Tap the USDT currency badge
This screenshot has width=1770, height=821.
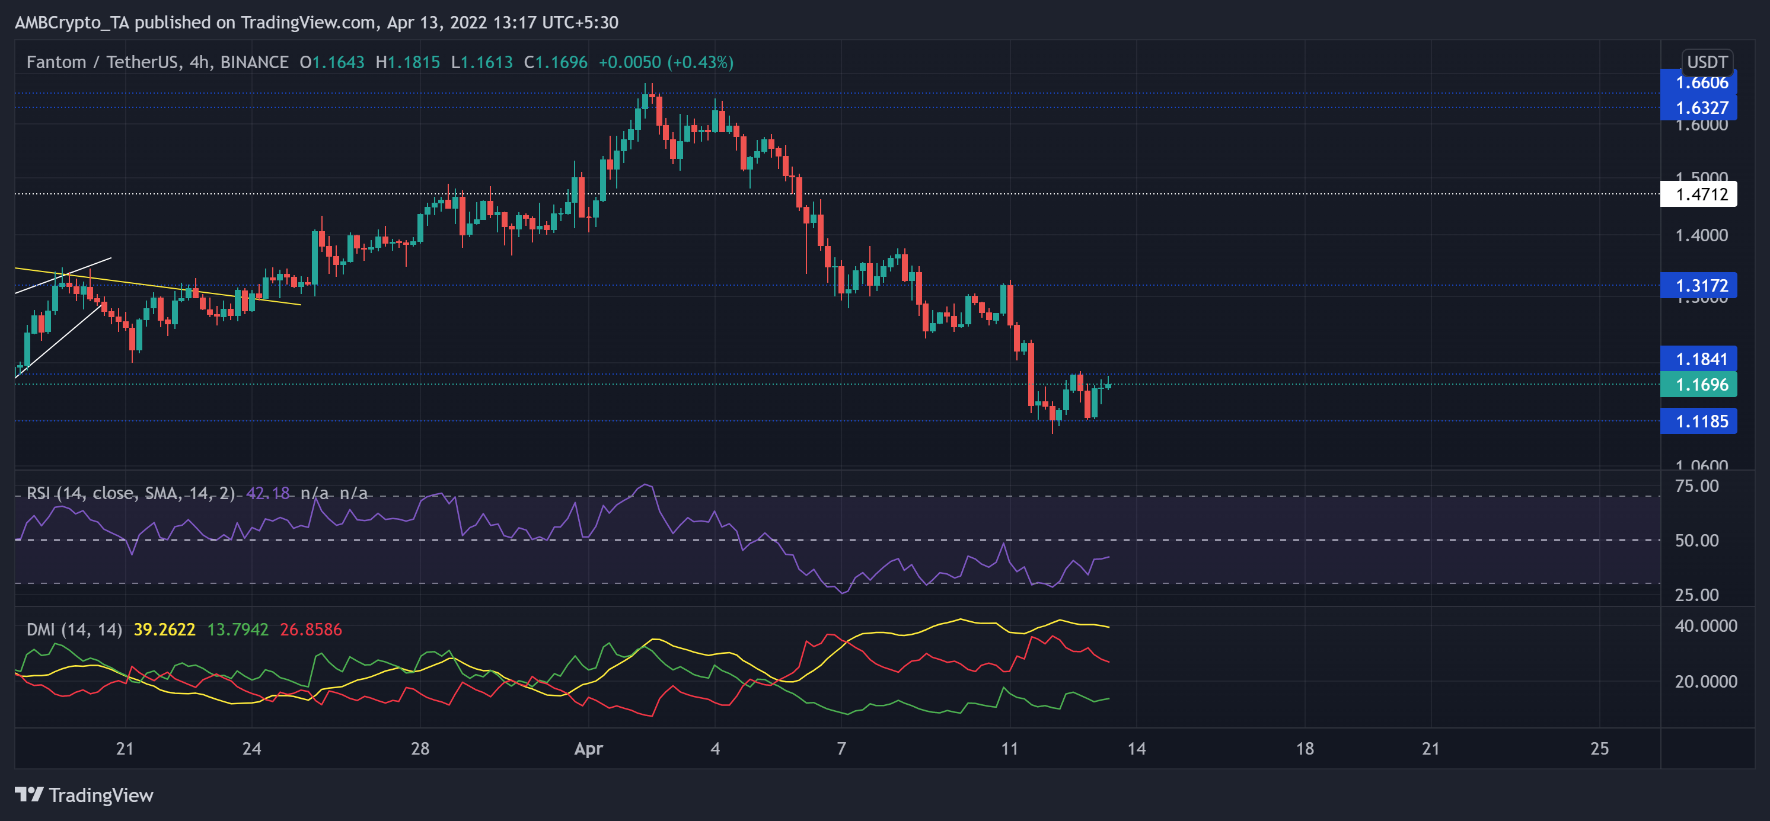click(1707, 62)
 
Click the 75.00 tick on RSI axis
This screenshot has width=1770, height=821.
click(1696, 487)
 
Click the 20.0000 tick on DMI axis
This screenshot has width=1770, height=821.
click(1705, 682)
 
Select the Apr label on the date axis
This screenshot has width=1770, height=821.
click(588, 748)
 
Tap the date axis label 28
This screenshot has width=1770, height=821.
click(420, 748)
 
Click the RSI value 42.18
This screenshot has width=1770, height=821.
click(268, 493)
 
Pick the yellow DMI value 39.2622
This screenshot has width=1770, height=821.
click(164, 630)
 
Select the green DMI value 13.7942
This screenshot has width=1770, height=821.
click(238, 630)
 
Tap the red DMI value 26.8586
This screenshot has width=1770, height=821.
click(311, 630)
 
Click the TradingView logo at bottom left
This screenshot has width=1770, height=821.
click(84, 795)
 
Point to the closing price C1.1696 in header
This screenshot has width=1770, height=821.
click(555, 62)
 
